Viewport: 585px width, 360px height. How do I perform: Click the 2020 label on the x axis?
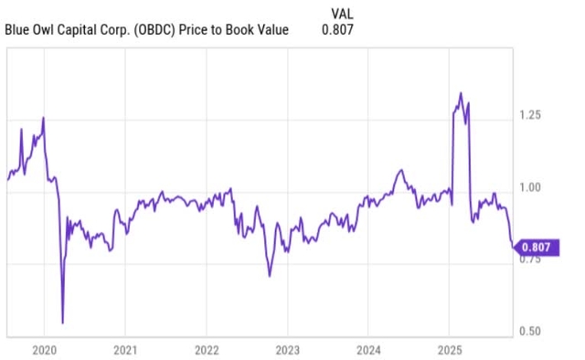pyautogui.click(x=45, y=349)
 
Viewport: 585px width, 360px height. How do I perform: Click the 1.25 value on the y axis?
pyautogui.click(x=531, y=115)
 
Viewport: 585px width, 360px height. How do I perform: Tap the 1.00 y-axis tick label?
pyautogui.click(x=531, y=187)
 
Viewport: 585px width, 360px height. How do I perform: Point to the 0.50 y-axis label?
pyautogui.click(x=531, y=332)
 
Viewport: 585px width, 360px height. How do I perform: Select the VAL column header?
pyautogui.click(x=340, y=12)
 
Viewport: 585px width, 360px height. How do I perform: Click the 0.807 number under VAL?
pyautogui.click(x=337, y=29)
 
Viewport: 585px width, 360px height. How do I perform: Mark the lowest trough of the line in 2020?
pyautogui.click(x=62, y=323)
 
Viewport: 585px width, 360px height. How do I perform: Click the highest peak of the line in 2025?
pyautogui.click(x=461, y=93)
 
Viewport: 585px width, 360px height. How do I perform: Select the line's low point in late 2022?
pyautogui.click(x=270, y=275)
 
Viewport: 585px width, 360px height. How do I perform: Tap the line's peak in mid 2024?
pyautogui.click(x=400, y=170)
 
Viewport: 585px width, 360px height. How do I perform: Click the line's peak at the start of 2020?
pyautogui.click(x=43, y=118)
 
